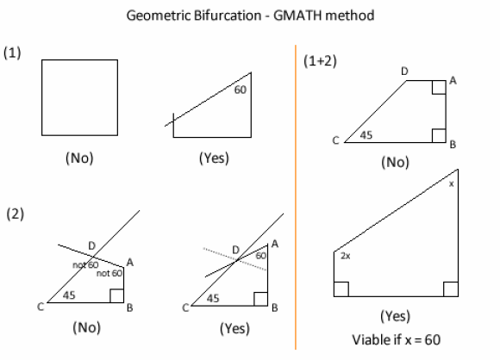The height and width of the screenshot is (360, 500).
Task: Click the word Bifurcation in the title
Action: (x=228, y=16)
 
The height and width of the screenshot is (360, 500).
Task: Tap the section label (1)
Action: (x=12, y=53)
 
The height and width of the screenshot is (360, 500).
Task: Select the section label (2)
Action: (x=15, y=214)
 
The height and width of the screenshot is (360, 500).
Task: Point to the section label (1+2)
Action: (x=320, y=60)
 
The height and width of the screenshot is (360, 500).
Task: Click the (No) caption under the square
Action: (x=79, y=158)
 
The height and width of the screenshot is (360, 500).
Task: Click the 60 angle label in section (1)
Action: (x=241, y=90)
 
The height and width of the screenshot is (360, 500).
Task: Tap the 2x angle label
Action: (x=346, y=256)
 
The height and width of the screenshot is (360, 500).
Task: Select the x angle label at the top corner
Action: (x=451, y=183)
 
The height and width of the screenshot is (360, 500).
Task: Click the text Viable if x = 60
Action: (x=396, y=340)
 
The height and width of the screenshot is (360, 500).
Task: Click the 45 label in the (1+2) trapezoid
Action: (x=366, y=135)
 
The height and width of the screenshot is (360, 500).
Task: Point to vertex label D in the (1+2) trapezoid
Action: (x=404, y=71)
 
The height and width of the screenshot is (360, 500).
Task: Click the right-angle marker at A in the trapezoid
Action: (x=439, y=87)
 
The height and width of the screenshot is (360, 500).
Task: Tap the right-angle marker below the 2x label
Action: (x=341, y=289)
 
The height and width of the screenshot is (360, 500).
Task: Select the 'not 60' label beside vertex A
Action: (x=109, y=273)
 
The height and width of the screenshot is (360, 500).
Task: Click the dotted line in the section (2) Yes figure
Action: (x=235, y=259)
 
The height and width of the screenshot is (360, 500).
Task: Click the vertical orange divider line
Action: (x=296, y=197)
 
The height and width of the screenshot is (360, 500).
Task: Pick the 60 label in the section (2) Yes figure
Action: (x=261, y=256)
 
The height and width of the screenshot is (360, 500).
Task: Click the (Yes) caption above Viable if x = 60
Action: (x=395, y=316)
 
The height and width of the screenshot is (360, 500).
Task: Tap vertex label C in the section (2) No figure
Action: (x=41, y=307)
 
